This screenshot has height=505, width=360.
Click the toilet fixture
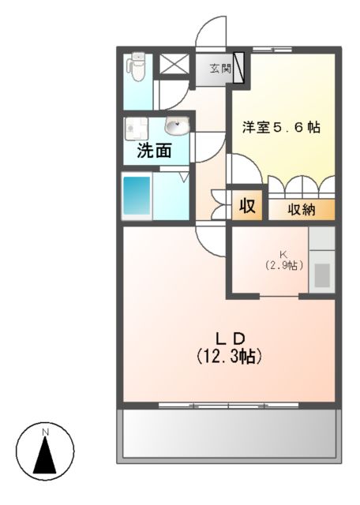[x=137, y=66]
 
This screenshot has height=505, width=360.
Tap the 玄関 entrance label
[x=220, y=68]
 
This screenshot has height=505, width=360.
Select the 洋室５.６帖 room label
[x=281, y=128]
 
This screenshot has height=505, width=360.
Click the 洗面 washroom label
[x=155, y=150]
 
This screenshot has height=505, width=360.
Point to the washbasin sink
[x=177, y=125]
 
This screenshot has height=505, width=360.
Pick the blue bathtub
[x=137, y=196]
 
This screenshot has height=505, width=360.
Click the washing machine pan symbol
[x=137, y=128]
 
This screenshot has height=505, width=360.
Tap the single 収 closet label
[x=248, y=205]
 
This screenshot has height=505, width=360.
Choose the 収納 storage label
[x=302, y=210]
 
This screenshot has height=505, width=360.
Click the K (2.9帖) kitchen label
[x=283, y=260]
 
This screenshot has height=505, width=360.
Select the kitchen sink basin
[x=322, y=275]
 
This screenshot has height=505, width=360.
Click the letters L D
[x=230, y=339]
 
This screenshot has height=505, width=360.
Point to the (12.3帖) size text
[x=229, y=356]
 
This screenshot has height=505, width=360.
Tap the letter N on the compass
[x=46, y=432]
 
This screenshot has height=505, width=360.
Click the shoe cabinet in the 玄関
[x=239, y=67]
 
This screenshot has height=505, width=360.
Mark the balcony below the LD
[x=229, y=436]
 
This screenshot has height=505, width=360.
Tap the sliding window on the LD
[x=228, y=406]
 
